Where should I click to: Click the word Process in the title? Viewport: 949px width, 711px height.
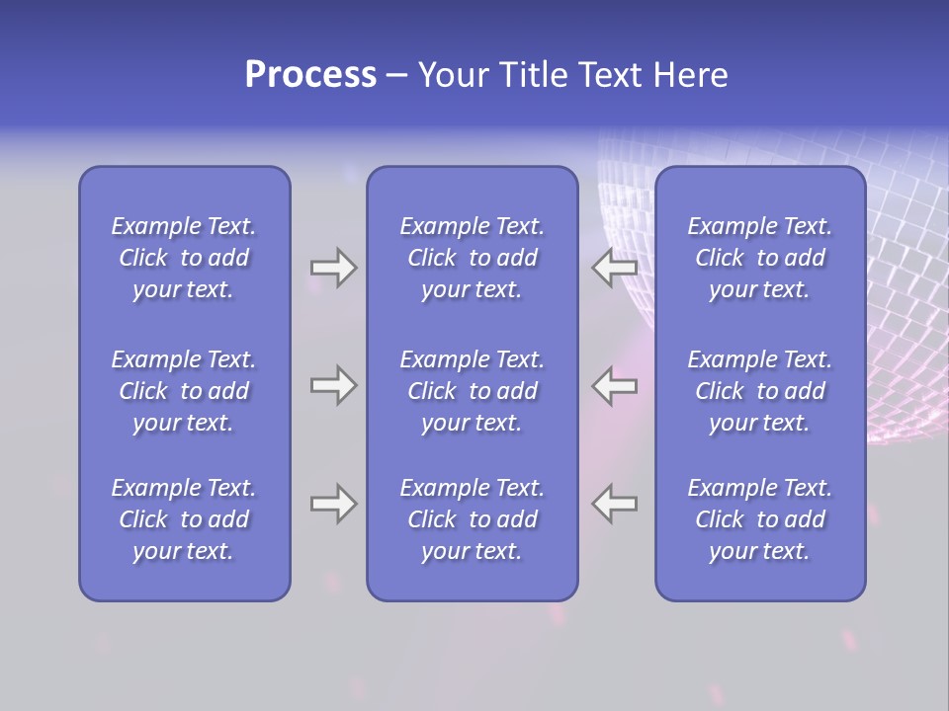click(x=310, y=75)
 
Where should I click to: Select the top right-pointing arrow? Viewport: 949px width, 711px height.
click(x=333, y=268)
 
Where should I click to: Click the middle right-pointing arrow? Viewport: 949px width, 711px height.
click(x=333, y=385)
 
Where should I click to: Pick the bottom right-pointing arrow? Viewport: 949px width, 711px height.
click(x=333, y=504)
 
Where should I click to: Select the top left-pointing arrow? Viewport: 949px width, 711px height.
click(x=614, y=268)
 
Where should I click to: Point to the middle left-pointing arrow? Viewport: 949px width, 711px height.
click(x=614, y=385)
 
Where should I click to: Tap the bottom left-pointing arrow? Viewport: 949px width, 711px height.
click(x=614, y=504)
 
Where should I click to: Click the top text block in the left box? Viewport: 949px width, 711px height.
click(x=184, y=258)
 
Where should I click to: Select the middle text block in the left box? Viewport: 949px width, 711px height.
click(x=184, y=391)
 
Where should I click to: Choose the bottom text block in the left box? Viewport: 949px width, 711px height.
click(x=184, y=519)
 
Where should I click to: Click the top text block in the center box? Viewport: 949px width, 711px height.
click(x=472, y=258)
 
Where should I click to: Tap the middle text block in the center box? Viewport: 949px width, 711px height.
click(x=472, y=391)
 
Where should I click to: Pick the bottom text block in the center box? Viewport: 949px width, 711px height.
click(x=472, y=519)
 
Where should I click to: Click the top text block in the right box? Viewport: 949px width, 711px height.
click(x=759, y=258)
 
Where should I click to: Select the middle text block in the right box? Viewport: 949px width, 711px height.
click(x=759, y=391)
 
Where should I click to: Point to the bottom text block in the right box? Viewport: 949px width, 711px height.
click(x=759, y=519)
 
